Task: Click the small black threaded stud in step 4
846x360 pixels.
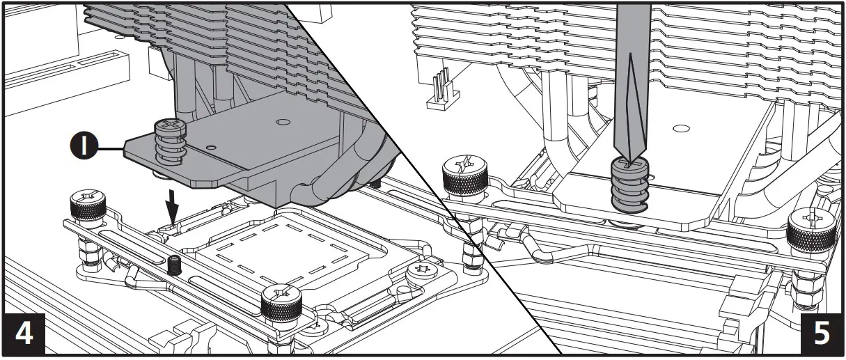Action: coord(173,265)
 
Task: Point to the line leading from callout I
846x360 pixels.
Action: coord(111,148)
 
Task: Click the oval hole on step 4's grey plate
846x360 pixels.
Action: coord(281,123)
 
